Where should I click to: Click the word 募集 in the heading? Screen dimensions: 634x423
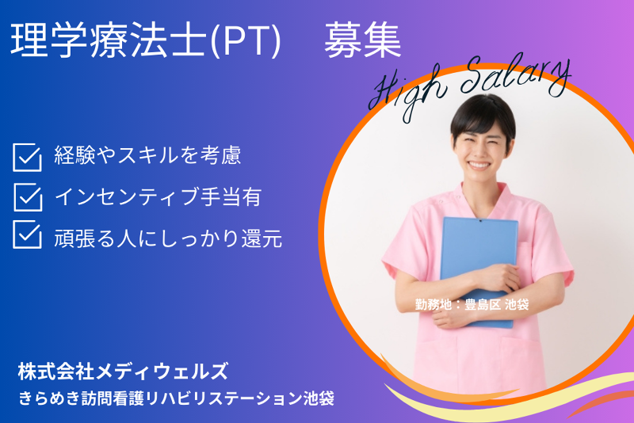coord(362,40)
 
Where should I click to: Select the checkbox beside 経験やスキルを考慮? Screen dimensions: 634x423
coord(27,157)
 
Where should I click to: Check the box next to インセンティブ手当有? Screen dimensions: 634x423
coord(28,196)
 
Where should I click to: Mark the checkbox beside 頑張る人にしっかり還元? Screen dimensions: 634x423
coord(27,234)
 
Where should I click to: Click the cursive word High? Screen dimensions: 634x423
coord(407,91)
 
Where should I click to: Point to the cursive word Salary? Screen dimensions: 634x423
coord(517,76)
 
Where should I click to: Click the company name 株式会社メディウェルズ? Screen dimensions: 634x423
coord(123,372)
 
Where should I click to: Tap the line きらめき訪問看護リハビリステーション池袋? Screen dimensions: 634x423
coord(176,398)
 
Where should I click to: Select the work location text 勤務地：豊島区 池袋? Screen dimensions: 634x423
coord(472,304)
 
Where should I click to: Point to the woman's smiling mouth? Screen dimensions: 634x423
coord(479,165)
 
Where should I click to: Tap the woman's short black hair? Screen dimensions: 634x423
coord(483,115)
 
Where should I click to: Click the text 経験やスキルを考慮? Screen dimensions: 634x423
coord(147,155)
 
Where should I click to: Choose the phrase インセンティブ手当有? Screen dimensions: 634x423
coord(158,196)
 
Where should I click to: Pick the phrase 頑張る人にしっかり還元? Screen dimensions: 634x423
coord(168,238)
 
